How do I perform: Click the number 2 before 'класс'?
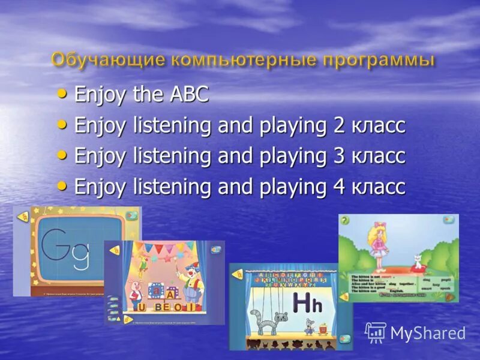pos(338,125)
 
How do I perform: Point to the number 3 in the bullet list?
pos(338,156)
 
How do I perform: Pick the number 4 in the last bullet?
pos(338,187)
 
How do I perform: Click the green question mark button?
pos(344,221)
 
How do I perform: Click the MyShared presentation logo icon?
pos(376,332)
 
